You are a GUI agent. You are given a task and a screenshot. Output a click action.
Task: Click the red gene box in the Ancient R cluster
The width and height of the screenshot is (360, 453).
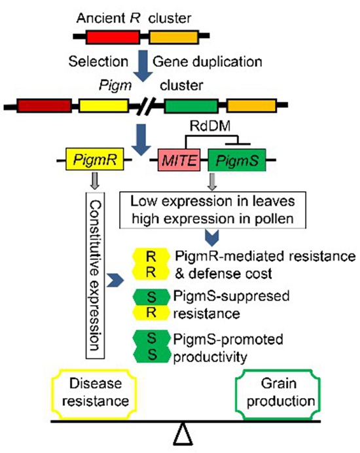coord(113,37)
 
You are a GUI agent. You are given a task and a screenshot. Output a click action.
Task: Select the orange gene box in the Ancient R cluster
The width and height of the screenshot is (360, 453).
coord(173,37)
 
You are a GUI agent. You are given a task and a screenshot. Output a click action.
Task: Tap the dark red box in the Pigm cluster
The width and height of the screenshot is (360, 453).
coord(45,106)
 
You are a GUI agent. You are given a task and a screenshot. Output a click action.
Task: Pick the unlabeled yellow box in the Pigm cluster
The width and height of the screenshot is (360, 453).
coord(103,106)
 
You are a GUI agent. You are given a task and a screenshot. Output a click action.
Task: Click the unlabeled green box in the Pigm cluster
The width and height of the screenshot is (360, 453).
coord(191,106)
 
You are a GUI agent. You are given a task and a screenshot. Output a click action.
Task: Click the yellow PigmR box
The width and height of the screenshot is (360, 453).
coord(95,159)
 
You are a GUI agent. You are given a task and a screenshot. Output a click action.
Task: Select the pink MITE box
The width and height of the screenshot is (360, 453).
coord(179,160)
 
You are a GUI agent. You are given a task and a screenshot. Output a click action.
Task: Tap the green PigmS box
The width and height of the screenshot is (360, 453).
coord(237,160)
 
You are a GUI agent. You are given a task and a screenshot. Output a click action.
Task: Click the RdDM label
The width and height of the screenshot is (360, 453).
coord(210,126)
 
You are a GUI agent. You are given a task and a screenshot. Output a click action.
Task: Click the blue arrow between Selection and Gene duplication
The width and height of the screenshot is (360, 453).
coord(143,65)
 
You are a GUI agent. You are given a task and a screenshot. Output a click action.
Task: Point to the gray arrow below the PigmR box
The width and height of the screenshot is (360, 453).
coord(95,181)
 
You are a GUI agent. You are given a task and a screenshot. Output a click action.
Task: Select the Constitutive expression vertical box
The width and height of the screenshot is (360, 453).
coord(95,276)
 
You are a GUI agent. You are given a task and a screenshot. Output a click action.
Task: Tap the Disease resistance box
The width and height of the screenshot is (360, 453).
coord(94,393)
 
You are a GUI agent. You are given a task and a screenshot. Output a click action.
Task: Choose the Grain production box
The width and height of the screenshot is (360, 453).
coord(279,393)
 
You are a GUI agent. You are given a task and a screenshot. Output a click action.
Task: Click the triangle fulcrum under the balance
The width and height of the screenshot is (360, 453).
coord(183,433)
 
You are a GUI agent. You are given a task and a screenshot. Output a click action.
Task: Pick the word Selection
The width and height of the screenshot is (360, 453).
coord(98,62)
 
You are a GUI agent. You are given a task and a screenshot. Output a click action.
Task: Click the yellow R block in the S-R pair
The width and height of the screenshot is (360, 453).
coord(151,313)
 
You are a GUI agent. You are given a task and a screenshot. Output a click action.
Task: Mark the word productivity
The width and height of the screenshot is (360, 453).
coord(210,357)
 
